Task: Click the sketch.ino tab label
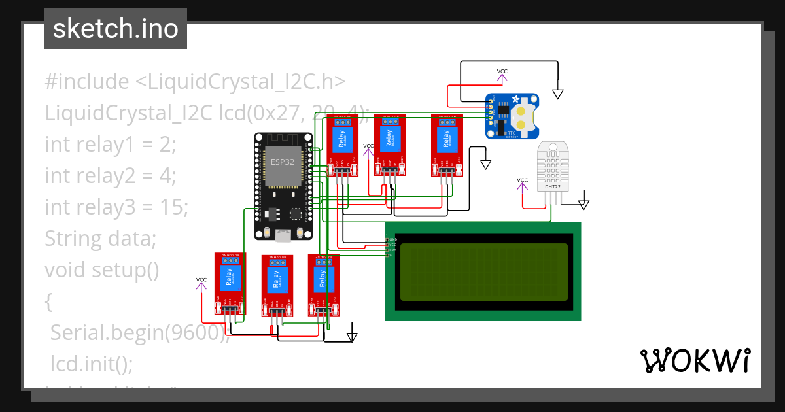click(x=115, y=29)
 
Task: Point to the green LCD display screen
click(x=483, y=271)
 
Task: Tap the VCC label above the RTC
click(x=502, y=71)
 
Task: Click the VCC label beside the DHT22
click(x=522, y=180)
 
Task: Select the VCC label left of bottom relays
click(x=201, y=280)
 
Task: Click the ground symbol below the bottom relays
click(x=352, y=337)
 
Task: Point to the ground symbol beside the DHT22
click(x=584, y=204)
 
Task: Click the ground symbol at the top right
click(x=557, y=94)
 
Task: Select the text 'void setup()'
click(x=101, y=269)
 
